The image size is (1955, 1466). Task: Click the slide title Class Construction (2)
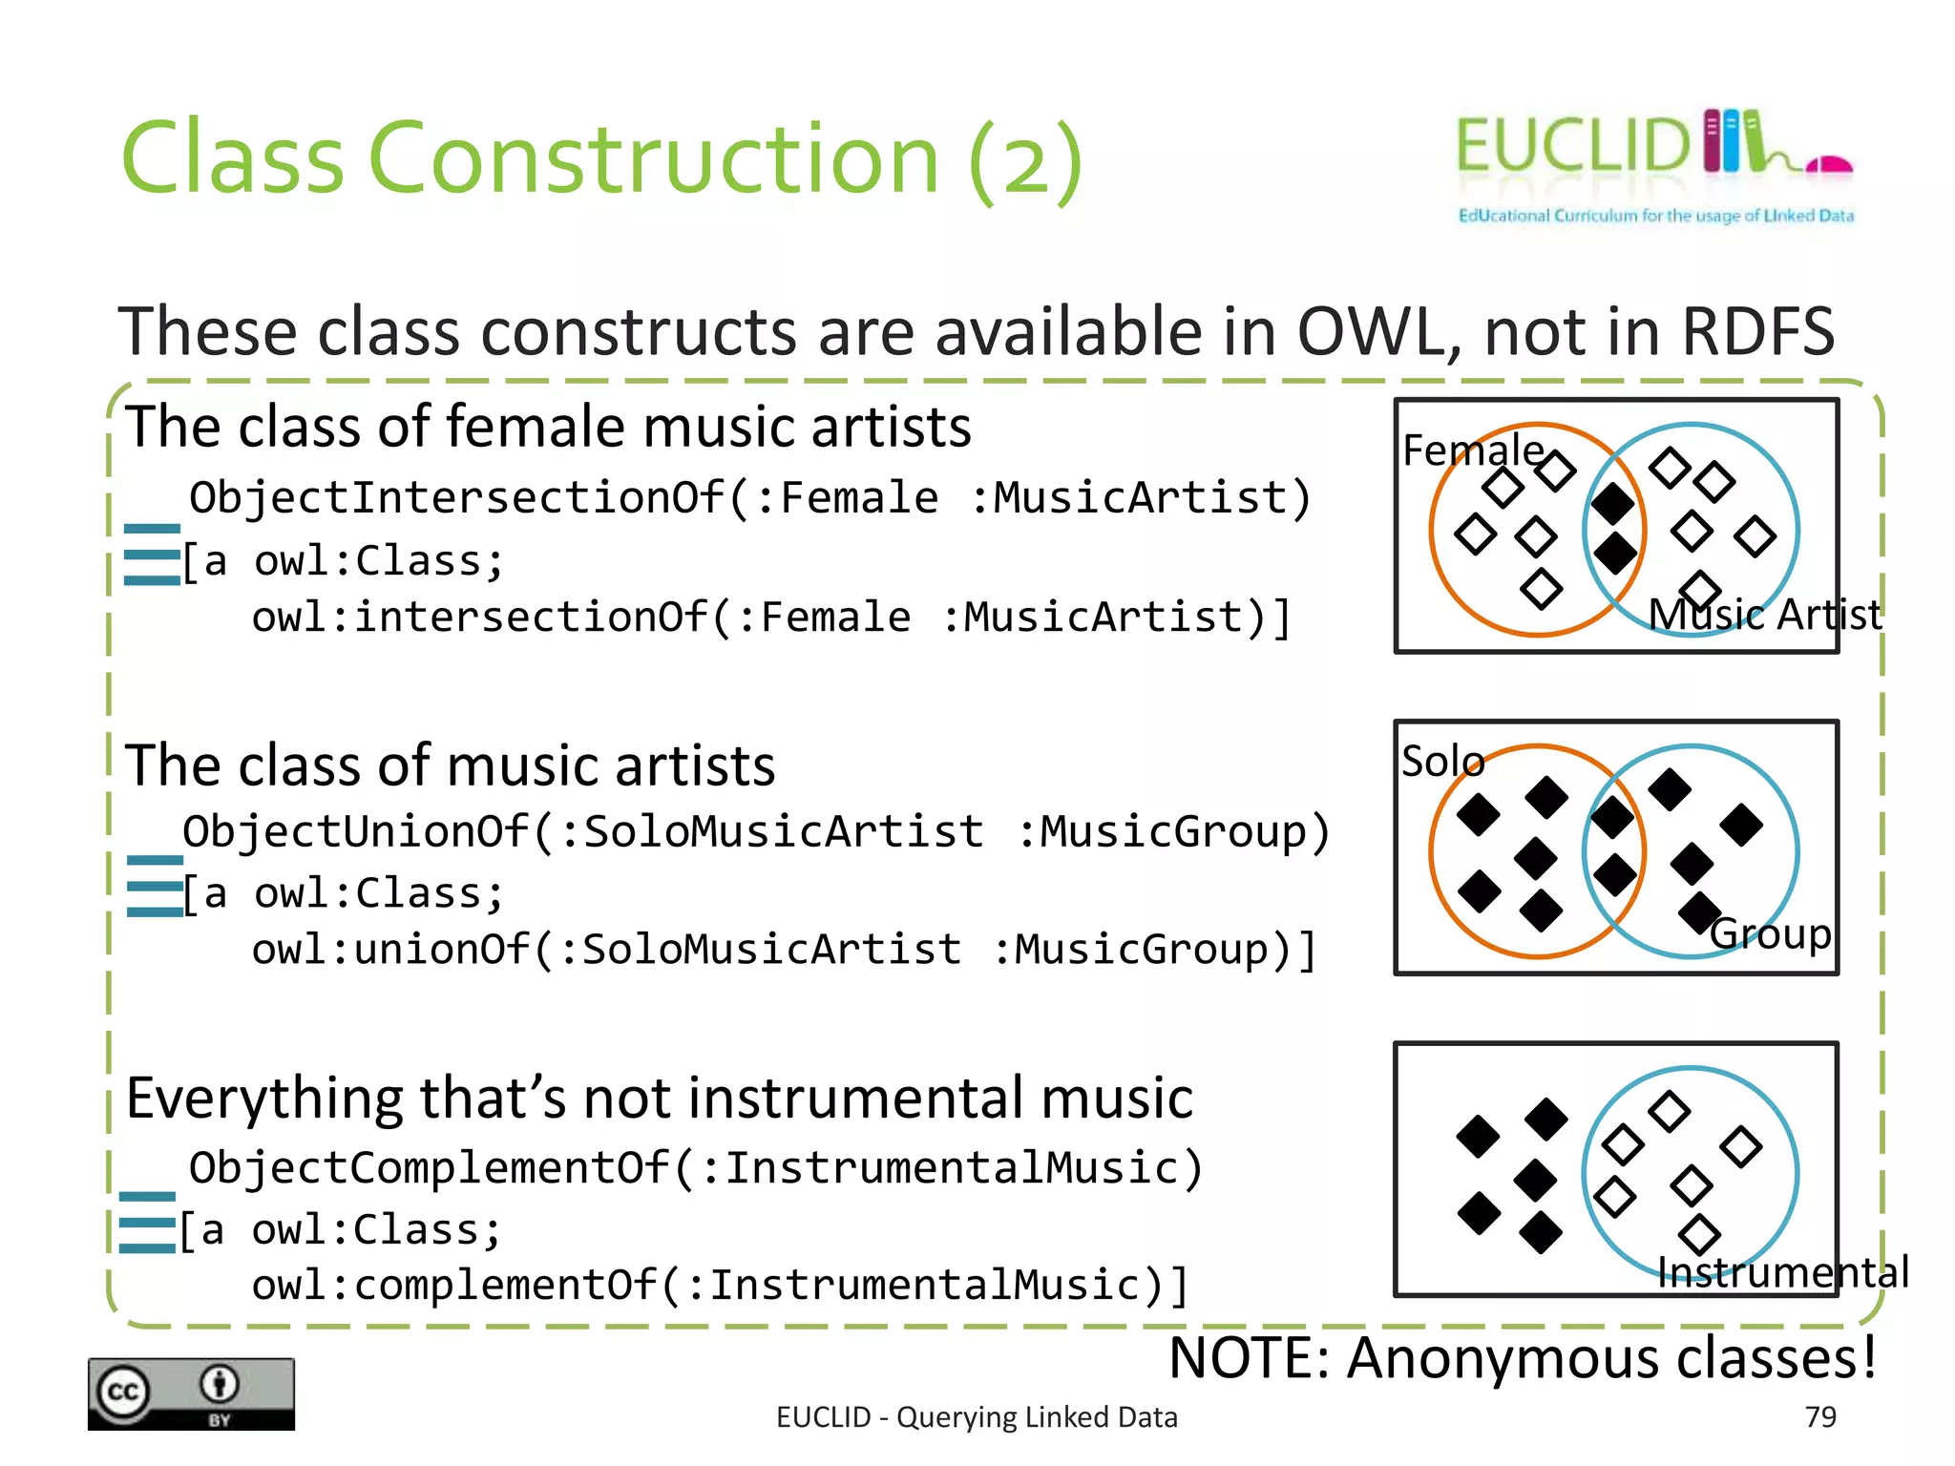coord(601,157)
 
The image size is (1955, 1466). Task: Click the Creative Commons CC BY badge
coord(191,1393)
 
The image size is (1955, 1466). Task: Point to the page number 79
coord(1820,1416)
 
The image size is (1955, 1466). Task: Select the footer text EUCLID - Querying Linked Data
coord(977,1417)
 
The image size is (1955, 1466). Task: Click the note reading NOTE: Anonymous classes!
coord(1523,1357)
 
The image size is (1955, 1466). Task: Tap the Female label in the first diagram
coord(1473,450)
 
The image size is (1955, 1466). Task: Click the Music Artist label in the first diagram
coord(1764,614)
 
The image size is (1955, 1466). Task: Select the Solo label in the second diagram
coord(1442,761)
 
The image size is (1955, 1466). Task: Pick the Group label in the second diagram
coord(1771,933)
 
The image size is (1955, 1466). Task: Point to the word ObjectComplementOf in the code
coord(430,1168)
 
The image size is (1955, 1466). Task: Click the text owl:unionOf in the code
coord(389,950)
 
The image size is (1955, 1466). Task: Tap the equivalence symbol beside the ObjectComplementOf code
coord(147,1223)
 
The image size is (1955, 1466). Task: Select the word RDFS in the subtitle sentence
coord(1756,331)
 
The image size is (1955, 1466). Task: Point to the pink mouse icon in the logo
coord(1828,166)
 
